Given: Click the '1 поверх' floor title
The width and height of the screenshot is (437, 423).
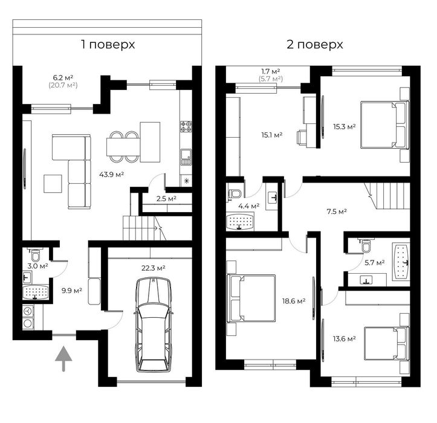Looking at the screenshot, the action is click(108, 45).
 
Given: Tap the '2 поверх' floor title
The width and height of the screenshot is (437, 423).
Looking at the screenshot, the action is click(315, 45).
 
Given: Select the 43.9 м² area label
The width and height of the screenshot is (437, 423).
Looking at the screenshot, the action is click(111, 175).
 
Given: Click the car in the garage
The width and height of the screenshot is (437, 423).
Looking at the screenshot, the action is click(153, 325).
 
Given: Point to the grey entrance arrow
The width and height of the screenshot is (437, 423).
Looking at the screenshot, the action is click(63, 358).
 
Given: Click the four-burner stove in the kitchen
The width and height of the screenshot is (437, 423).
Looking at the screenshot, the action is click(186, 126).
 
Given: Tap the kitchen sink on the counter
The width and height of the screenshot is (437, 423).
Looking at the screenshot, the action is click(186, 157).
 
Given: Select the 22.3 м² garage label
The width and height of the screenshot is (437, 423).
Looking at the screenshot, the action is click(154, 268).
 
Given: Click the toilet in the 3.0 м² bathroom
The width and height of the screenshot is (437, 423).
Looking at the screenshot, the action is click(35, 254).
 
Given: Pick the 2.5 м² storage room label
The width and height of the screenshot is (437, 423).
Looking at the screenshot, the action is click(166, 199).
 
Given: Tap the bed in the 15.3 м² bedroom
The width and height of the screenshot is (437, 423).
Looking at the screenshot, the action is click(384, 124).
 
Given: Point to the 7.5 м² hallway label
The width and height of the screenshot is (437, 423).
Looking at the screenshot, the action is click(337, 211).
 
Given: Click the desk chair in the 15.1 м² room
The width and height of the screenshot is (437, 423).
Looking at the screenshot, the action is click(302, 138).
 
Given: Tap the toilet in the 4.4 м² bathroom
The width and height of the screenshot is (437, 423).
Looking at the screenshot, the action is click(235, 193).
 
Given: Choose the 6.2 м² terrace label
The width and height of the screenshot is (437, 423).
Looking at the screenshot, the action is click(63, 77).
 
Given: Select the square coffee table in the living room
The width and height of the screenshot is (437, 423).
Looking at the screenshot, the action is click(53, 184).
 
